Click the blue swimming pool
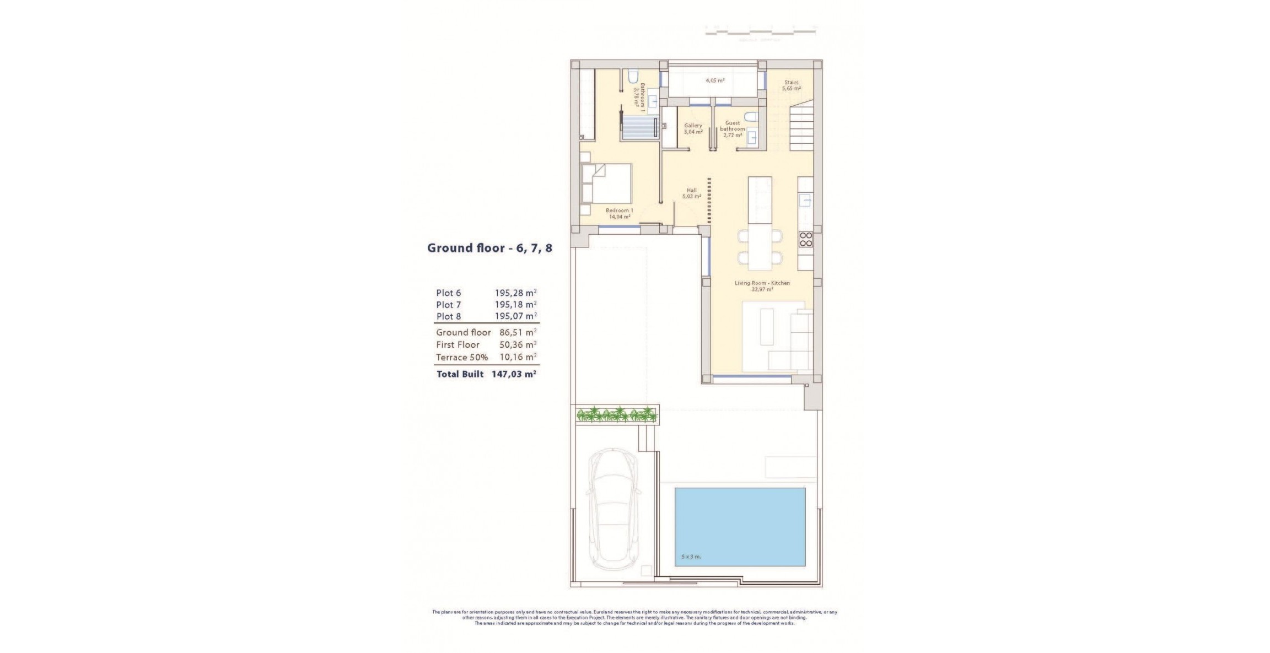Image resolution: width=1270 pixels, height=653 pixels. click(x=740, y=526)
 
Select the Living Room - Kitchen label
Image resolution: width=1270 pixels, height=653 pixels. click(x=762, y=285)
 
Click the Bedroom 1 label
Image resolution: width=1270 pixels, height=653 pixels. click(x=619, y=213)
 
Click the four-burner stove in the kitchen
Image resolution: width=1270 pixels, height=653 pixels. click(x=805, y=239)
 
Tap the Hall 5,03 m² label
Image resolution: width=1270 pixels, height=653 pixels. click(x=691, y=193)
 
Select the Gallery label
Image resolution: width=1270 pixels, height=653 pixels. click(x=693, y=128)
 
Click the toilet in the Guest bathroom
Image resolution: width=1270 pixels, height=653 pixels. click(x=750, y=116)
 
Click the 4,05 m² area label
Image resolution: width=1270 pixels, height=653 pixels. click(x=715, y=80)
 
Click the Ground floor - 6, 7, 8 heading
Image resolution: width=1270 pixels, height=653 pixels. click(x=489, y=248)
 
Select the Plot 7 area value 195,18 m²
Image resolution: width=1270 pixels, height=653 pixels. click(x=515, y=305)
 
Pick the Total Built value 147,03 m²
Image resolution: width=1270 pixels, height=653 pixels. click(x=514, y=374)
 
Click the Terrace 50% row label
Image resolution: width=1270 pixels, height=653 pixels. click(x=461, y=357)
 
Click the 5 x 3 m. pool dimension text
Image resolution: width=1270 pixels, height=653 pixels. click(x=691, y=557)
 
